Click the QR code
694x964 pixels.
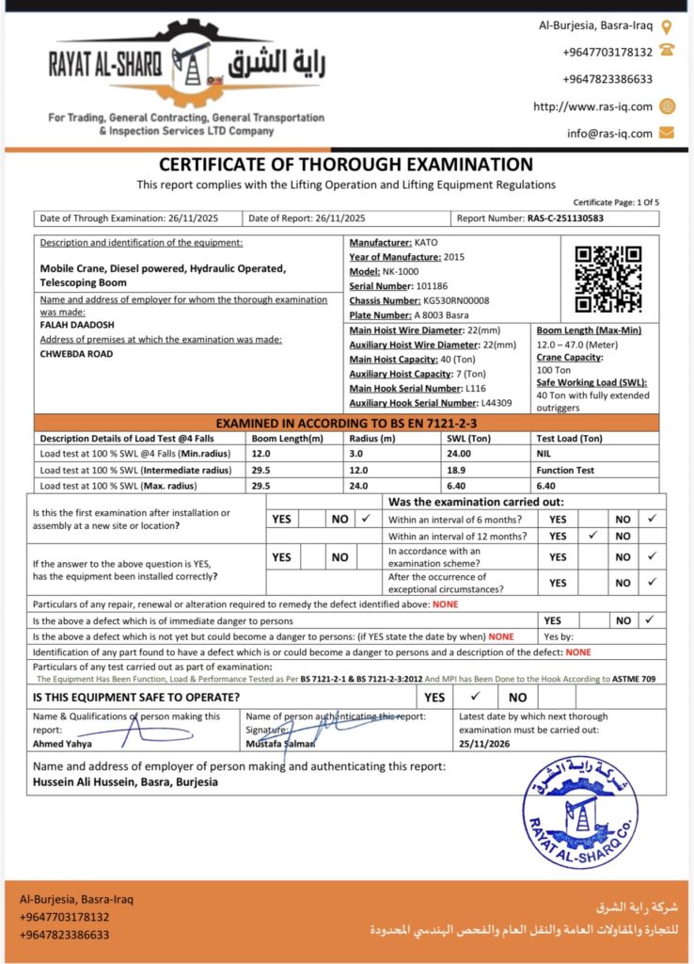[x=608, y=279]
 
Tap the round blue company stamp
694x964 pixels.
[x=579, y=812]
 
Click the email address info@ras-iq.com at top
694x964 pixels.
[x=609, y=133]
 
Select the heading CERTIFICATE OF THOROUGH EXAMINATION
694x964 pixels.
[x=346, y=165]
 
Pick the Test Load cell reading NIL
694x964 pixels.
[x=544, y=453]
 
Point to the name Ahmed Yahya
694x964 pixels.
[x=62, y=744]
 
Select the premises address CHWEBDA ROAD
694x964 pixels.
[x=76, y=354]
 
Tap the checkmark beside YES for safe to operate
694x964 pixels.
[x=475, y=697]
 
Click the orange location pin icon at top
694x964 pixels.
[x=667, y=27]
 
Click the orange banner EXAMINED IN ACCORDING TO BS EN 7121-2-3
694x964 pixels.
[x=347, y=424]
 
